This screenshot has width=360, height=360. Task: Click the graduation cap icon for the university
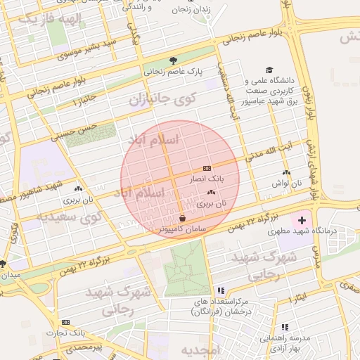point(269,70)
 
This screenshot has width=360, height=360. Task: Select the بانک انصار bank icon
point(207,169)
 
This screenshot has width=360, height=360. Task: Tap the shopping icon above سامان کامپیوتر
point(183,218)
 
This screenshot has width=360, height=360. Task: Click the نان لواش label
point(285,183)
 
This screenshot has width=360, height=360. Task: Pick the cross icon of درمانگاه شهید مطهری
point(302,221)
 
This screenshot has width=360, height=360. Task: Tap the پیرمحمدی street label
point(84,347)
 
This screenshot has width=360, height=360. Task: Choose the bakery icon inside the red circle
point(211,192)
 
